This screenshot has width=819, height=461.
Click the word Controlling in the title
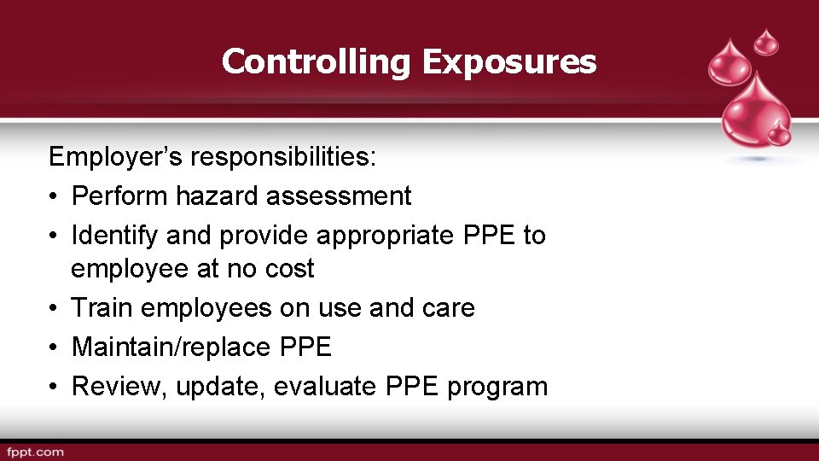(317, 61)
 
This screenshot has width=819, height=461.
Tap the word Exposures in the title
(508, 61)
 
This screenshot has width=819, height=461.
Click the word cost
(288, 269)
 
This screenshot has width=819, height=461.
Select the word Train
(101, 307)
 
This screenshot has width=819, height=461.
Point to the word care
(447, 307)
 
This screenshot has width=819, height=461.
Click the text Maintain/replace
(171, 347)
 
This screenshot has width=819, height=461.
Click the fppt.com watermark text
(35, 452)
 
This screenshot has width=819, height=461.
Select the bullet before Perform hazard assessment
(53, 196)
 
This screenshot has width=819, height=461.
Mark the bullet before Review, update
(53, 387)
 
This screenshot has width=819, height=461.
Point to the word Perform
(119, 195)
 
